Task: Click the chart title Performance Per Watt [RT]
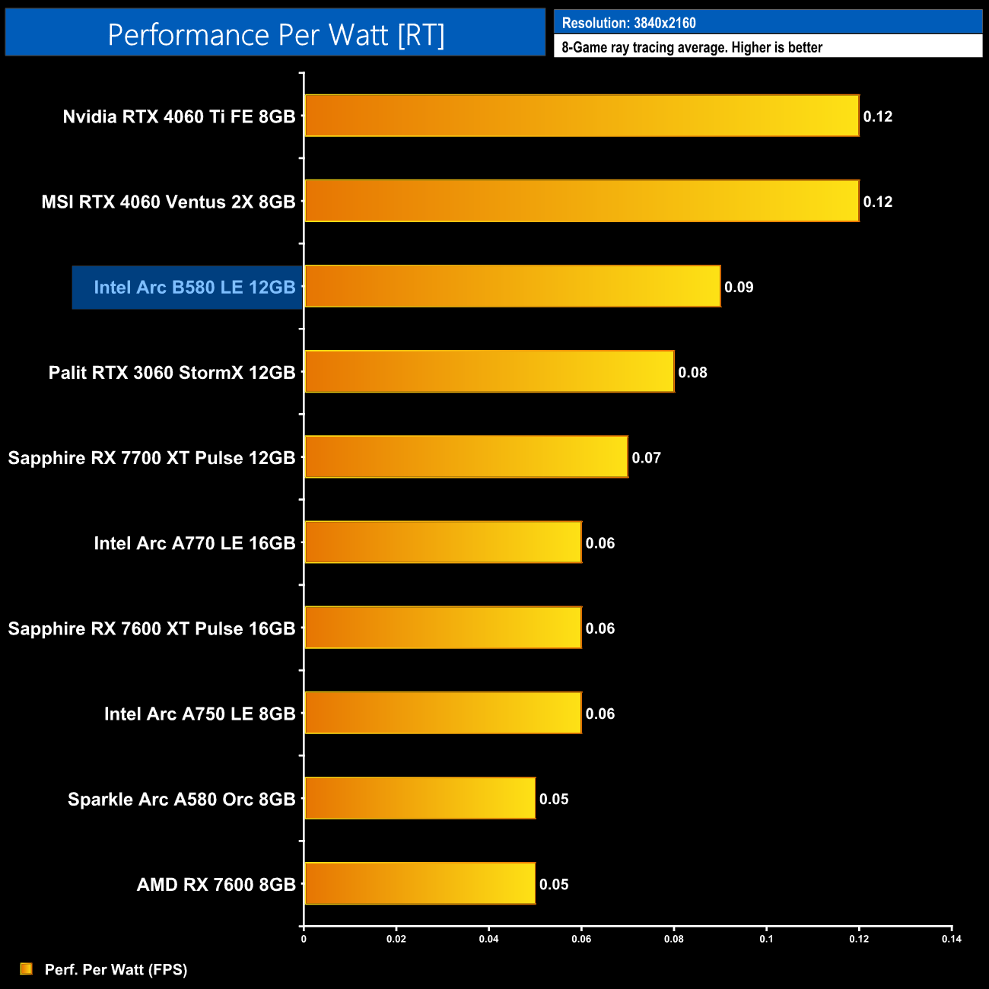click(x=275, y=35)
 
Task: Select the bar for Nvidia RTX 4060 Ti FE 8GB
click(x=582, y=116)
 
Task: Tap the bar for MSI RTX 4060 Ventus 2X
click(x=582, y=201)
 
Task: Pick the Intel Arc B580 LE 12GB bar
click(x=513, y=286)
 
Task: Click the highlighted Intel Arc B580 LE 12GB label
click(x=194, y=288)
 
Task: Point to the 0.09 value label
click(x=739, y=288)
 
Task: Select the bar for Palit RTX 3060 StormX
click(x=489, y=371)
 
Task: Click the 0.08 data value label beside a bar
click(x=692, y=373)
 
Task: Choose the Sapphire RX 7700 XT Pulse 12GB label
click(x=151, y=458)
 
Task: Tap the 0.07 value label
click(x=646, y=458)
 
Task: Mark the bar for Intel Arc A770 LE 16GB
click(x=443, y=542)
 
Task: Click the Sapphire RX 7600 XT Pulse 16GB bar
click(x=443, y=627)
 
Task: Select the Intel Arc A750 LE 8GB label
click(x=199, y=714)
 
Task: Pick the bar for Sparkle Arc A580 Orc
click(x=420, y=798)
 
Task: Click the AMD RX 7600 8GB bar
click(x=420, y=883)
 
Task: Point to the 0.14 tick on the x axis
click(x=952, y=939)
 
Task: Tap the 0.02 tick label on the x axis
click(x=396, y=939)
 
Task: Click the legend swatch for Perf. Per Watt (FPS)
click(x=27, y=968)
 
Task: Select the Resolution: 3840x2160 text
click(x=628, y=23)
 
